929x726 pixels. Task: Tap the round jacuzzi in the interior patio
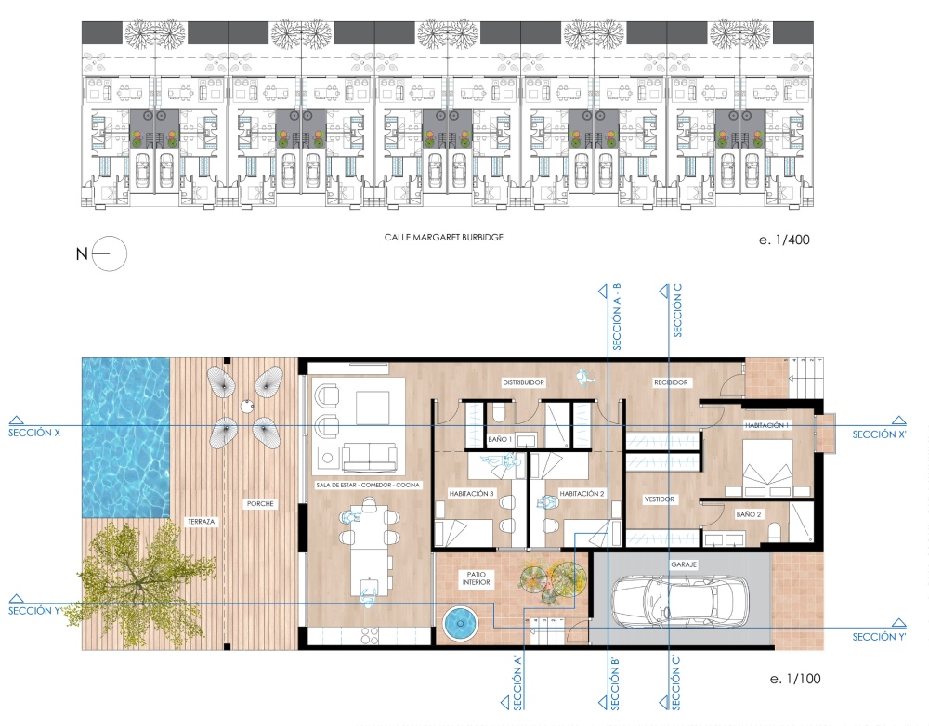click(460, 623)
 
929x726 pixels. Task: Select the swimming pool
click(126, 437)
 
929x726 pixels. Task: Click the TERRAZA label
click(202, 522)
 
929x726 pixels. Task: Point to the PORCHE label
click(261, 504)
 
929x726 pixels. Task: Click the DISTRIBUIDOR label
click(524, 382)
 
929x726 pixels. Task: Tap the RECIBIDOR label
click(671, 382)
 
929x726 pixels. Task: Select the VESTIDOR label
click(660, 499)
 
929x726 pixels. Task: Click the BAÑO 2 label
click(749, 514)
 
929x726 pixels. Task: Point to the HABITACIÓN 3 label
click(472, 493)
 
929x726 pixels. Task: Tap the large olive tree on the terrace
click(137, 581)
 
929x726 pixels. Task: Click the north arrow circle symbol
click(111, 253)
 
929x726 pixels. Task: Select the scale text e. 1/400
click(784, 240)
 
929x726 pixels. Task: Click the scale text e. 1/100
click(795, 679)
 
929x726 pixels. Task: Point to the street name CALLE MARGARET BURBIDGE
click(444, 237)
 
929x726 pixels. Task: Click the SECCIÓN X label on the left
click(34, 433)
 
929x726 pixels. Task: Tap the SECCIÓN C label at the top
click(678, 310)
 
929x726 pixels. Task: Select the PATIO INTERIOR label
click(477, 578)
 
